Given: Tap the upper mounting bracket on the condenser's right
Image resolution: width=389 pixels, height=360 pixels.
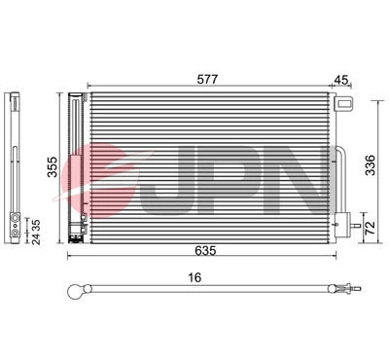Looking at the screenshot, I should (341, 104).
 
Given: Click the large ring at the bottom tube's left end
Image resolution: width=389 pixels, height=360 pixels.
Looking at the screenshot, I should (77, 289).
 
